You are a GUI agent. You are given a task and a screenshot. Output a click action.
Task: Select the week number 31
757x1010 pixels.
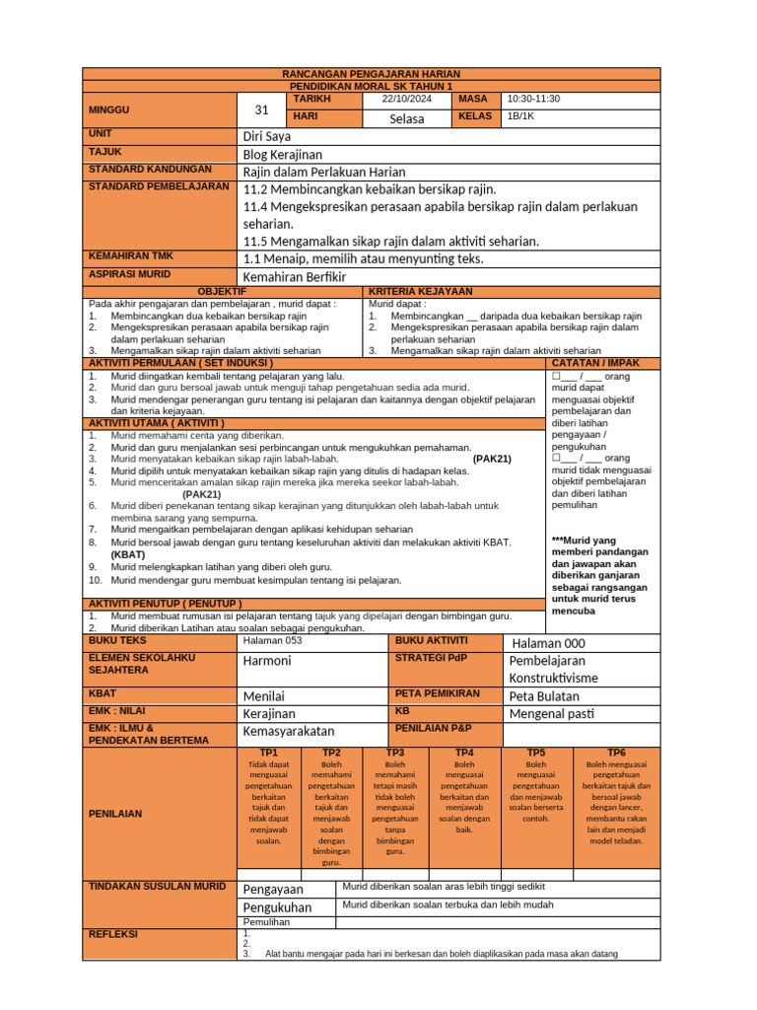(x=261, y=109)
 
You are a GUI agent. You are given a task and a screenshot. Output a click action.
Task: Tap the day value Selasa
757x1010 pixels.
(x=407, y=118)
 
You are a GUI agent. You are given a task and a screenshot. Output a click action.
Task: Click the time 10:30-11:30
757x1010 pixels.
(x=532, y=100)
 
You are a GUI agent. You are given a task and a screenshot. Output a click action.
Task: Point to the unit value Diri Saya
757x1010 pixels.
(x=267, y=136)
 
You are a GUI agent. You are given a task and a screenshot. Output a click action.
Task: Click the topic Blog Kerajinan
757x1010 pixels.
(x=283, y=155)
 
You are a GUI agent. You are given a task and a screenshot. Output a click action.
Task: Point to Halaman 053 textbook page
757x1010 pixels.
(x=273, y=640)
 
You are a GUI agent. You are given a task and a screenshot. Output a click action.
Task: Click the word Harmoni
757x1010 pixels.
(x=267, y=660)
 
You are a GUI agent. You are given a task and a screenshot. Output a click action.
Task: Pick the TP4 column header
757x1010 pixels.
(x=464, y=752)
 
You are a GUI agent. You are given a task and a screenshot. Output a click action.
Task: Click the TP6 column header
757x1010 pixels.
(x=616, y=752)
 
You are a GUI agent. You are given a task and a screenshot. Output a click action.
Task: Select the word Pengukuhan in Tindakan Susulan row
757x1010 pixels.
(x=277, y=907)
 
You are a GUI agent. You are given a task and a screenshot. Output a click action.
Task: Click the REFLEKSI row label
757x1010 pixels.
(x=113, y=933)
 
